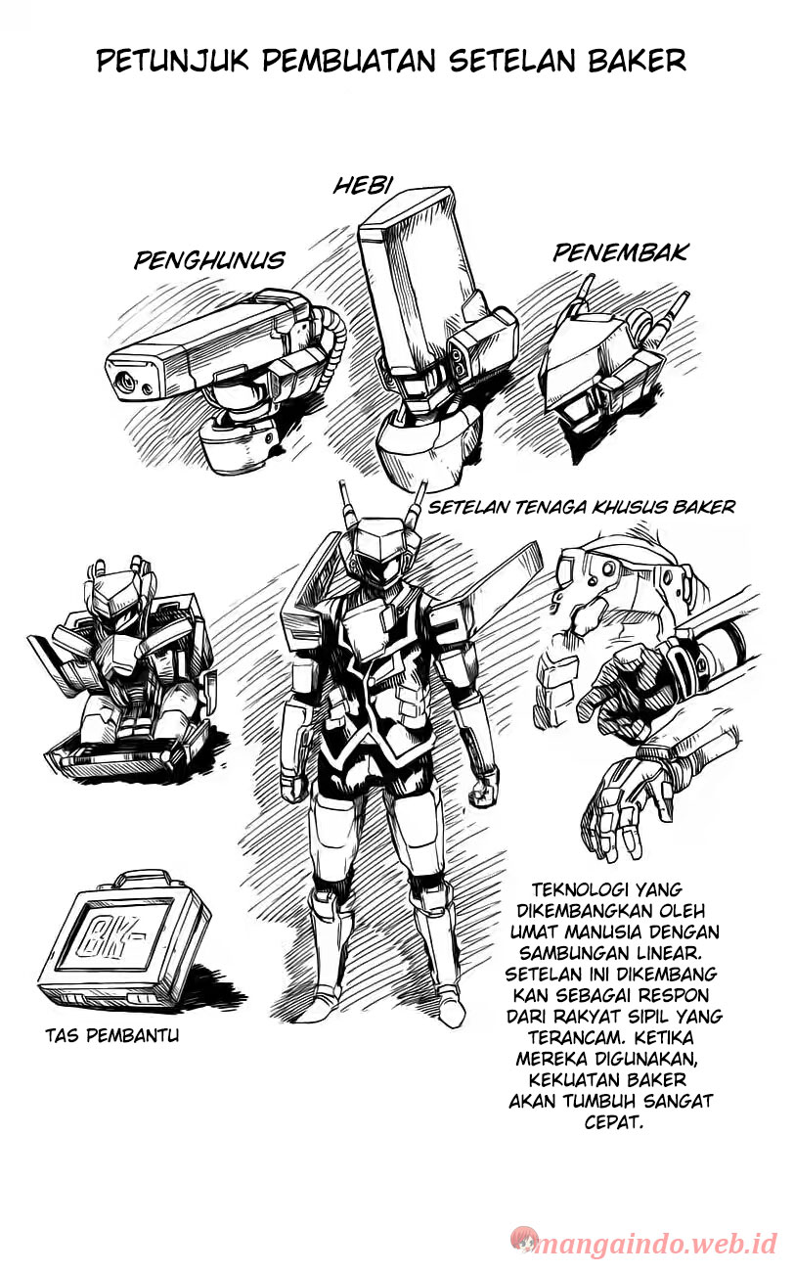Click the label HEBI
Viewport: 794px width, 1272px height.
click(362, 185)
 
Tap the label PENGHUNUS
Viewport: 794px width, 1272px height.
click(209, 260)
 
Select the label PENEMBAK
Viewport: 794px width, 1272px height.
click(620, 253)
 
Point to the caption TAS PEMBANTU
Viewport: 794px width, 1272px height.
click(112, 1036)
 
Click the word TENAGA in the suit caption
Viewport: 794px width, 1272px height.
click(547, 508)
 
